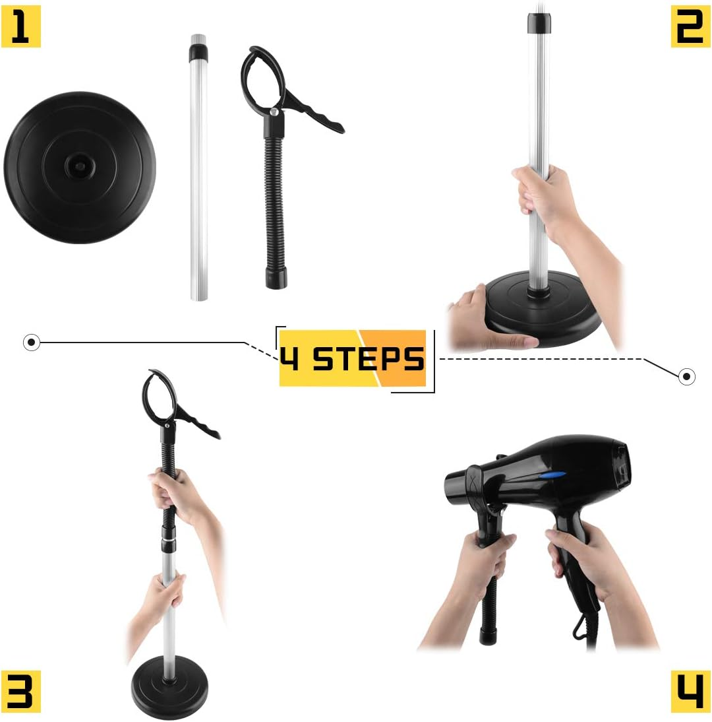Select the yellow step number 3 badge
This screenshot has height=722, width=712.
21,690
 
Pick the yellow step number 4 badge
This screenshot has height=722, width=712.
690,690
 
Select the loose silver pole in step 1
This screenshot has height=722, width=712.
198,172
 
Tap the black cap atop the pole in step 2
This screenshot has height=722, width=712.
539,24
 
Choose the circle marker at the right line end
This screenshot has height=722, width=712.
686,377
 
